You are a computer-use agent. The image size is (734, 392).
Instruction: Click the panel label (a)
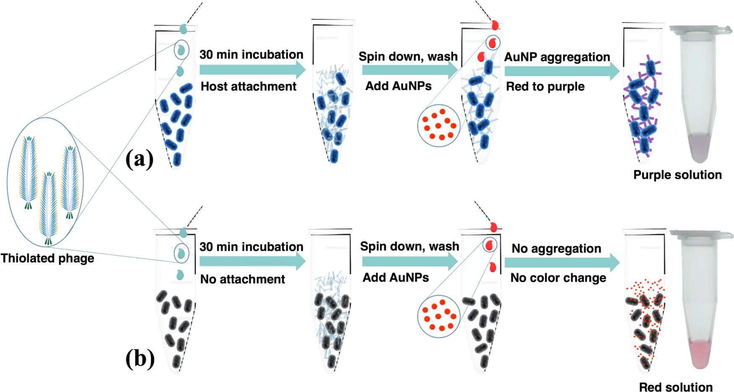[140, 159]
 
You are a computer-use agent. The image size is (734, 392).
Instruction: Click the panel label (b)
[140, 359]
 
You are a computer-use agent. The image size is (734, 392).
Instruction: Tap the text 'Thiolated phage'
[47, 258]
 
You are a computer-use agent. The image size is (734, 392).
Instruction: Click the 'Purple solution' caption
[677, 175]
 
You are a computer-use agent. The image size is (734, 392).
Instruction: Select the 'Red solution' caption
[676, 387]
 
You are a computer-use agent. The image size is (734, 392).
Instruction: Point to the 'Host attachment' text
[248, 86]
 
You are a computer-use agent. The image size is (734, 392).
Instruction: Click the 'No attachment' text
[242, 279]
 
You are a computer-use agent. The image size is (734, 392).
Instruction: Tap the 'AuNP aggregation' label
[557, 57]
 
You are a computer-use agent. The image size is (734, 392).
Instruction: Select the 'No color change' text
[558, 278]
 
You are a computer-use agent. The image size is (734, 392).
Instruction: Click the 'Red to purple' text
[545, 86]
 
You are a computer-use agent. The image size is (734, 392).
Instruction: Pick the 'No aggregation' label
[556, 249]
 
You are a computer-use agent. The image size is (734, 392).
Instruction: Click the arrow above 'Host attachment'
[252, 70]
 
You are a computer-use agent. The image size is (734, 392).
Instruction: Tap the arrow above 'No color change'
[562, 263]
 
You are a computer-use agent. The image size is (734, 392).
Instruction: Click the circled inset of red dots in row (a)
[439, 125]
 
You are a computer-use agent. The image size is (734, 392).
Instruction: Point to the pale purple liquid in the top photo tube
[700, 147]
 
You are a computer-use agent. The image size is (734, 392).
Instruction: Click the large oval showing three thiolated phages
[46, 182]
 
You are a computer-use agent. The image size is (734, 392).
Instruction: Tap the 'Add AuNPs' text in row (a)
[398, 86]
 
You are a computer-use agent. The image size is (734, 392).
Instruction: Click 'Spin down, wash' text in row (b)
[409, 246]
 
